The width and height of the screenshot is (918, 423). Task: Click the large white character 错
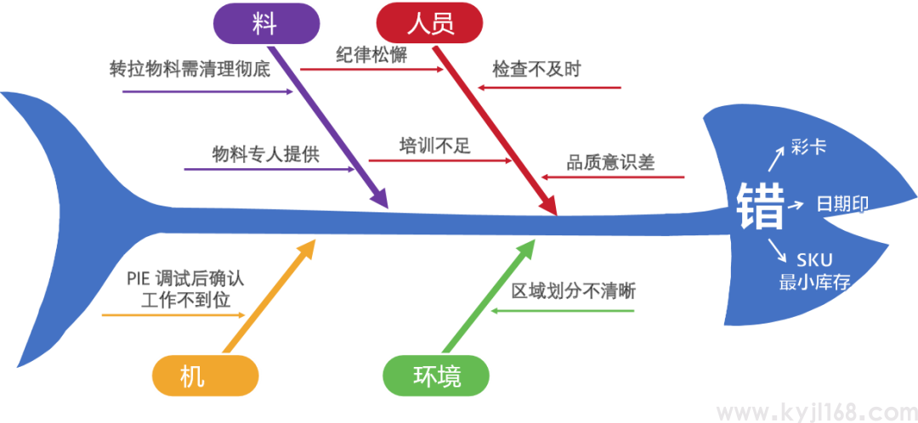pyautogui.click(x=760, y=206)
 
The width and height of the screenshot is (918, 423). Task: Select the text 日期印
pyautogui.click(x=842, y=205)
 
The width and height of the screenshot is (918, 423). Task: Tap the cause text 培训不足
pyautogui.click(x=435, y=146)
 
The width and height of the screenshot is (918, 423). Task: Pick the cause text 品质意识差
pyautogui.click(x=611, y=162)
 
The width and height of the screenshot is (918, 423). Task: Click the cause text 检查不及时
pyautogui.click(x=537, y=70)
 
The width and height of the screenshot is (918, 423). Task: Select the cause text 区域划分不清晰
pyautogui.click(x=573, y=291)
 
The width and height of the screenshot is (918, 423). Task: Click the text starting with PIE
pyautogui.click(x=185, y=289)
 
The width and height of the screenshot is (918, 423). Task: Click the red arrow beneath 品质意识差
pyautogui.click(x=613, y=178)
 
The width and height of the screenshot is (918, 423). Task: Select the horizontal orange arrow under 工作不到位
pyautogui.click(x=174, y=315)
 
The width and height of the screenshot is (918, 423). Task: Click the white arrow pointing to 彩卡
pyautogui.click(x=778, y=160)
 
